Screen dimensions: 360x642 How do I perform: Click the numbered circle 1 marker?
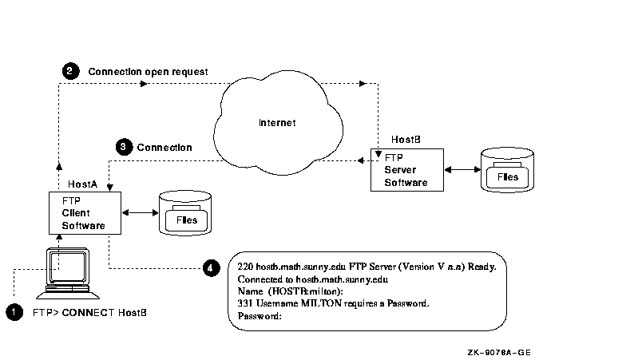[x=14, y=313]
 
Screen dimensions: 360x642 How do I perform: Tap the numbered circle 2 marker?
[x=70, y=71]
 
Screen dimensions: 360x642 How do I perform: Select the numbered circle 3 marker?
[x=123, y=147]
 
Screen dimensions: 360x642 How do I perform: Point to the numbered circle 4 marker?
[x=210, y=267]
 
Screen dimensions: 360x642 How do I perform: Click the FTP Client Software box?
[x=83, y=212]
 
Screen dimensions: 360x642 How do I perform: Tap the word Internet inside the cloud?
[x=277, y=123]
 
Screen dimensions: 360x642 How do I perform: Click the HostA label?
[x=83, y=183]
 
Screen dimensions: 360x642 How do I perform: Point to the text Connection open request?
[x=148, y=72]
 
